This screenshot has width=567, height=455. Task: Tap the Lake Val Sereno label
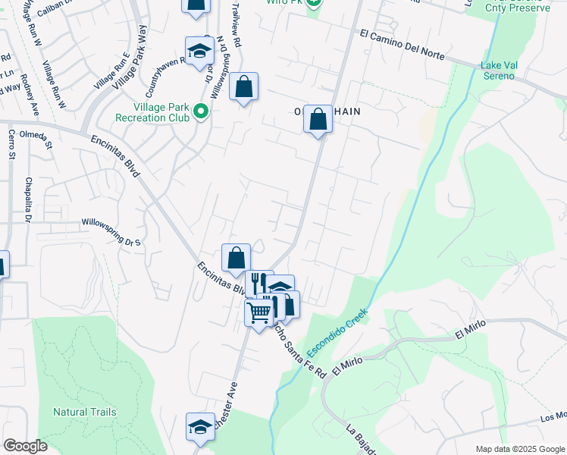click(x=499, y=71)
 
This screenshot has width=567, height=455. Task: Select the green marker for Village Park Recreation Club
click(x=201, y=111)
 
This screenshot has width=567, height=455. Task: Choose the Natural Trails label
click(x=85, y=412)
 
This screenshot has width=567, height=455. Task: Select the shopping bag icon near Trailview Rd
click(x=243, y=87)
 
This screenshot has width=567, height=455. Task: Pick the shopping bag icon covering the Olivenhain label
click(x=318, y=119)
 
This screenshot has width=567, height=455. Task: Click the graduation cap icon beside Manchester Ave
click(x=201, y=427)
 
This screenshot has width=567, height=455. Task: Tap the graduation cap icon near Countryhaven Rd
click(x=200, y=51)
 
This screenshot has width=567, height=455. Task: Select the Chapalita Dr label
click(x=27, y=200)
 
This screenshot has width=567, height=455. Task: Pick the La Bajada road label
click(x=363, y=439)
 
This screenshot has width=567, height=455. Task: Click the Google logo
click(x=25, y=446)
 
